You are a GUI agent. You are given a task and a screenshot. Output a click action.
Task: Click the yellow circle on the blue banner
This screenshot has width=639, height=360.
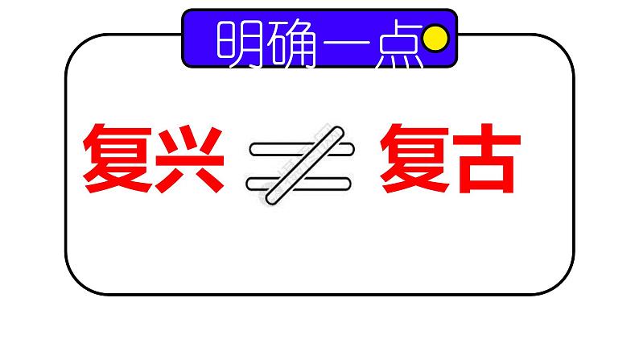coord(435,37)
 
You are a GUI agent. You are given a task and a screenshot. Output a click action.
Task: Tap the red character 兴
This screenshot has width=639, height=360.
coord(190,157)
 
